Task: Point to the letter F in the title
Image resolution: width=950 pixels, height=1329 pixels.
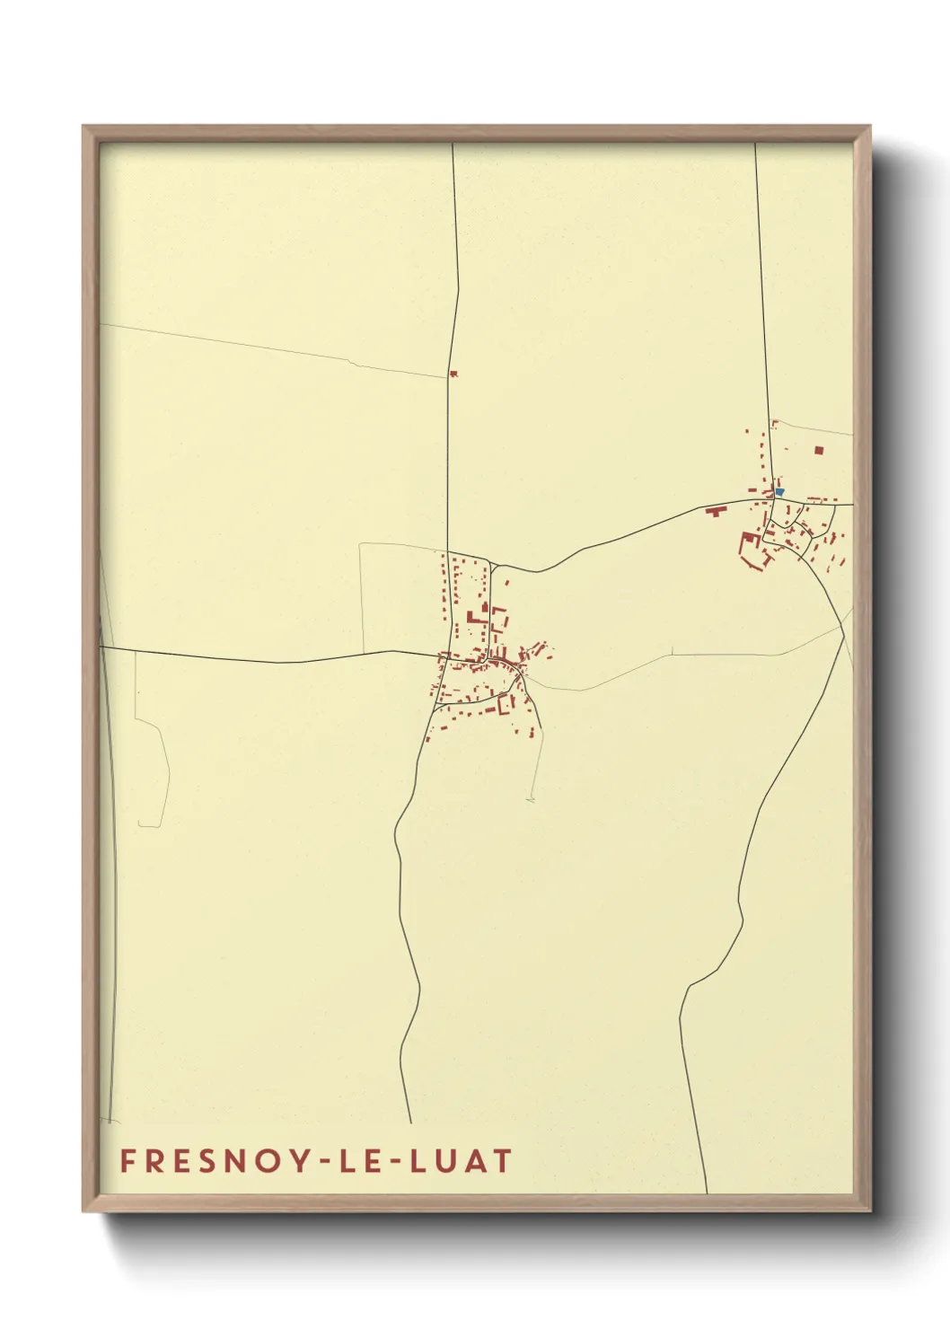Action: tap(128, 1161)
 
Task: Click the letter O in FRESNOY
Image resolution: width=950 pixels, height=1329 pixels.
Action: tap(261, 1161)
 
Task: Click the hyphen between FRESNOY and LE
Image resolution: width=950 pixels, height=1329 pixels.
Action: tap(315, 1162)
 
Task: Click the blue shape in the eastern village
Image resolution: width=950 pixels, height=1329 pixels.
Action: tap(779, 491)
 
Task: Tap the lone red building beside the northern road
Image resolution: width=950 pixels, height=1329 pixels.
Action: tap(453, 374)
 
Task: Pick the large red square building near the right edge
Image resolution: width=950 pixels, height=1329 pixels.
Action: tap(818, 450)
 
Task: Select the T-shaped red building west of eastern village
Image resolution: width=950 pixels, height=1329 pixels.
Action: tap(716, 511)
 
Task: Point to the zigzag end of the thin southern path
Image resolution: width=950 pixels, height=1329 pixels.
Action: tap(531, 797)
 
